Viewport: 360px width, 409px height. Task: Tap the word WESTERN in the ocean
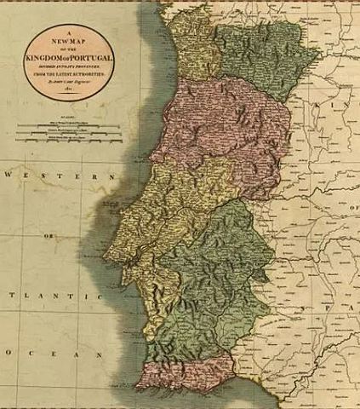pyautogui.click(x=59, y=176)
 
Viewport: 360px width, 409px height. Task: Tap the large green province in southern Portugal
pyautogui.click(x=213, y=281)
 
